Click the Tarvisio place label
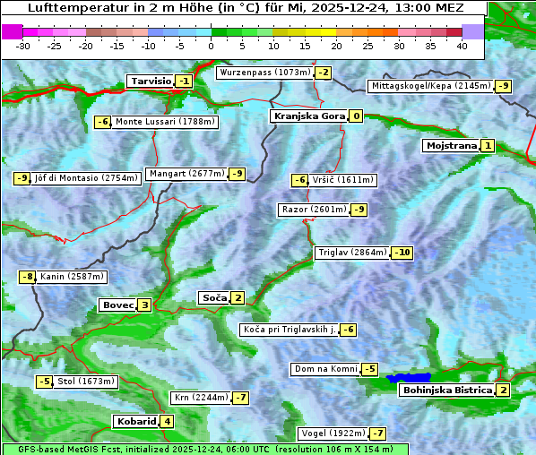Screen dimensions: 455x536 (x=150, y=81)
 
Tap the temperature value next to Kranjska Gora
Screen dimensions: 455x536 (x=356, y=116)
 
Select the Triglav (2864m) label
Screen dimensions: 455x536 (x=352, y=253)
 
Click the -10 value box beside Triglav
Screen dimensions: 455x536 (x=402, y=253)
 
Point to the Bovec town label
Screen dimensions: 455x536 (x=117, y=305)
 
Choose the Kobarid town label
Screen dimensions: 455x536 (x=136, y=421)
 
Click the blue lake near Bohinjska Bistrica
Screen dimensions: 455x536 (x=409, y=379)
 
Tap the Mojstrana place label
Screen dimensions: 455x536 (x=451, y=145)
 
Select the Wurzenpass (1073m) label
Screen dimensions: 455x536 (x=264, y=73)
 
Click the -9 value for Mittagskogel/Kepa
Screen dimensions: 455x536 (x=504, y=86)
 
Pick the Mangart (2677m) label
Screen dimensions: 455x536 (x=186, y=174)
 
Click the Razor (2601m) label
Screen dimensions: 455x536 (x=313, y=210)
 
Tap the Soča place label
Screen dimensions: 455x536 (x=213, y=297)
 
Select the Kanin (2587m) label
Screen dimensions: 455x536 (x=72, y=277)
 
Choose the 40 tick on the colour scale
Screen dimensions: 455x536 (x=462, y=46)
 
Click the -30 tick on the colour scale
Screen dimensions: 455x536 (x=23, y=46)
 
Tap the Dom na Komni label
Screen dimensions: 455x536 (x=325, y=369)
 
